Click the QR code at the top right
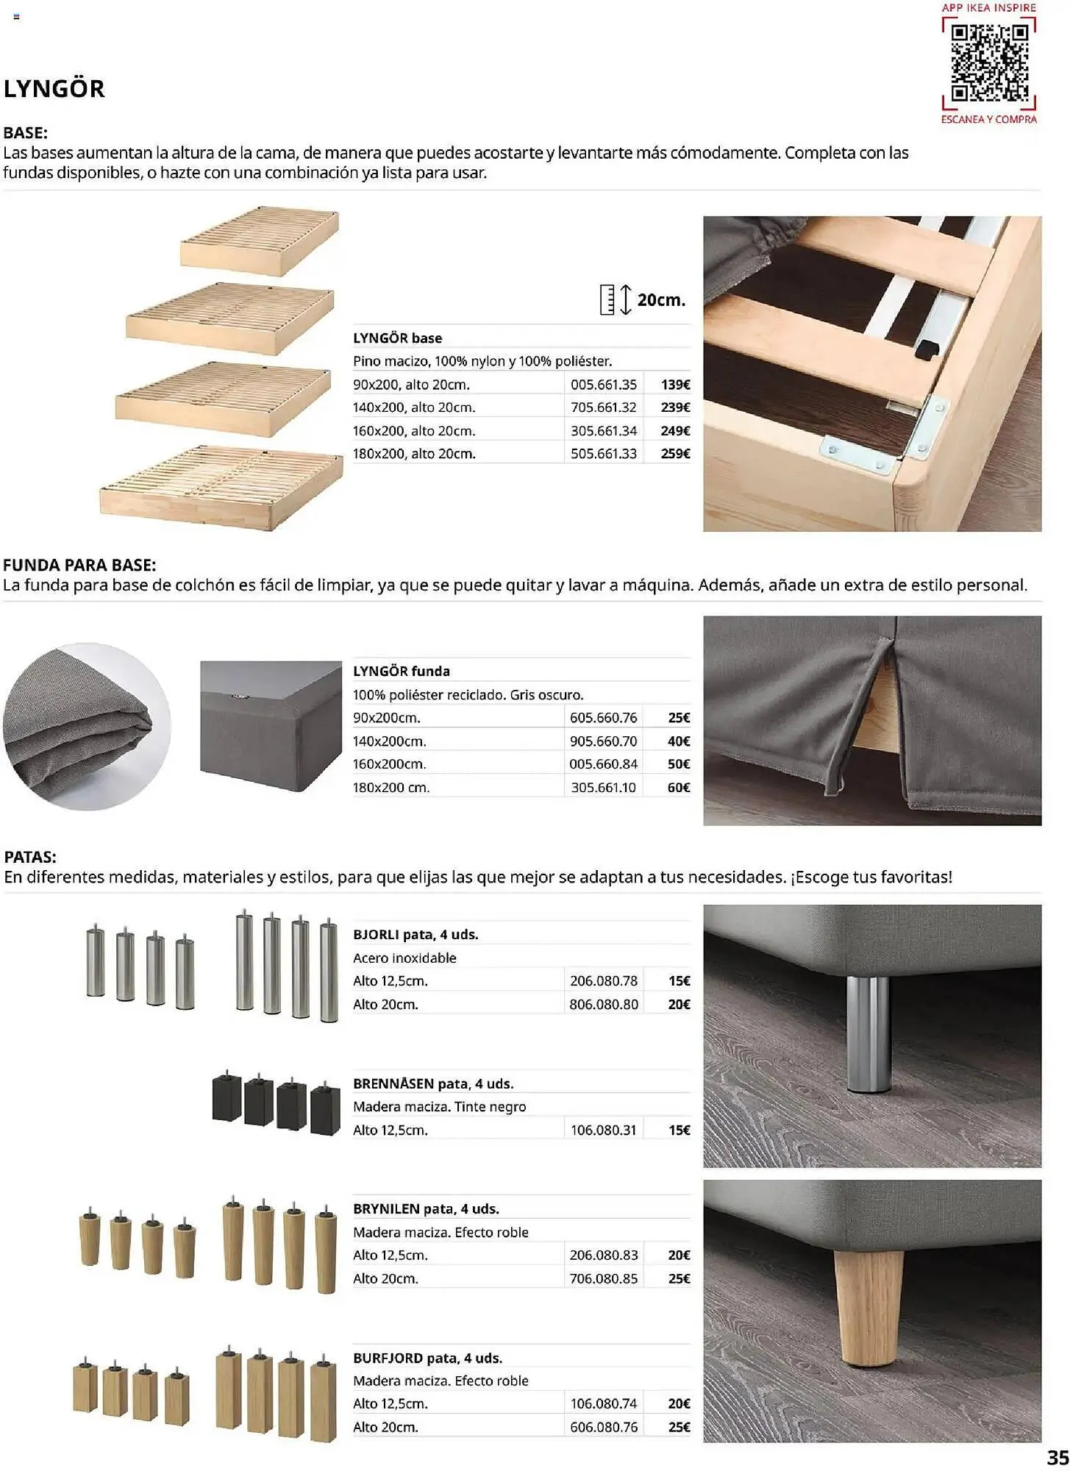point(989,63)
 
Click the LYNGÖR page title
point(54,89)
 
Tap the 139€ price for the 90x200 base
point(675,385)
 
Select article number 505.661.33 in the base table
point(603,454)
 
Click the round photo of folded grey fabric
point(87,727)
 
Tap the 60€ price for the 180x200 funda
point(678,788)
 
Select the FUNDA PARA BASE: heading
point(79,566)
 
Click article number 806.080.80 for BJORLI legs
point(603,1005)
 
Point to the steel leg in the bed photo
point(867,1033)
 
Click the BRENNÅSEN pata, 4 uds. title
point(433,1084)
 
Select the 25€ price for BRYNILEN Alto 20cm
point(678,1279)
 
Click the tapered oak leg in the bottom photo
point(868,1306)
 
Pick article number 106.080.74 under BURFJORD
point(603,1404)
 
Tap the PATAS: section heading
point(30,857)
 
